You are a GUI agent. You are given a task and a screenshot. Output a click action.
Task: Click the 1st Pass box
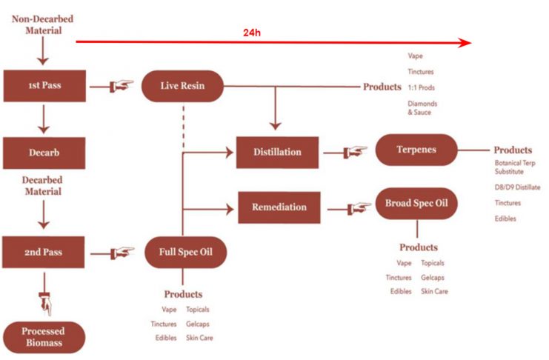tap(44, 86)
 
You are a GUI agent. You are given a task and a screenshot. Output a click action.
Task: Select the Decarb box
tap(44, 153)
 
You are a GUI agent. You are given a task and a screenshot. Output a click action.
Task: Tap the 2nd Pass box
tap(44, 253)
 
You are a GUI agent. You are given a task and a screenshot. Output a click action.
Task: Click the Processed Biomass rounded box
tap(44, 336)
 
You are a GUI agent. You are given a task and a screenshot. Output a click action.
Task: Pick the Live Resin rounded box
tap(182, 86)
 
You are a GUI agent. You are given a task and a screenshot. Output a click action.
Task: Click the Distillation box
tap(278, 152)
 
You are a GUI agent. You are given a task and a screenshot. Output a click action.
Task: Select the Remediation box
tap(278, 207)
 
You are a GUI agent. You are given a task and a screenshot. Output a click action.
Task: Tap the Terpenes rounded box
tap(415, 150)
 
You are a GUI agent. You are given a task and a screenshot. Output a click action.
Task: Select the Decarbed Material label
tap(43, 184)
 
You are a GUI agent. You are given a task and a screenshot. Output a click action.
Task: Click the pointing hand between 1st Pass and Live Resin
tap(121, 86)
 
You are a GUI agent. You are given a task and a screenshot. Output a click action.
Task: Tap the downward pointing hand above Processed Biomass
tap(45, 301)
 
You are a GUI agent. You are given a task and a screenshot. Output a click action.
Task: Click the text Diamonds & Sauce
tap(422, 107)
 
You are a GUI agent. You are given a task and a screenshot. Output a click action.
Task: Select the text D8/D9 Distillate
tap(517, 187)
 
